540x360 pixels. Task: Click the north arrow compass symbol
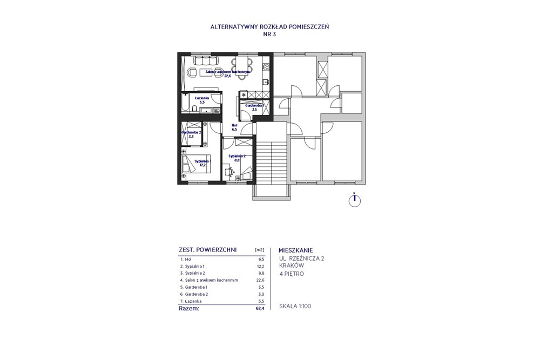point(354,200)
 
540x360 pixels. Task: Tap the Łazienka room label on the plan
point(202,99)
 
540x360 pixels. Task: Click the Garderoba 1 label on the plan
point(254,106)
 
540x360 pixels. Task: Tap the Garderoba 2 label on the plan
point(191,133)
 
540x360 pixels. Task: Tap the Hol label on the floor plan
point(234,127)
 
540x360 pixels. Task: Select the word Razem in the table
point(189,309)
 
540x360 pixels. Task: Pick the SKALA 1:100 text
point(295,306)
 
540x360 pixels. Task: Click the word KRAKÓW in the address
point(292,266)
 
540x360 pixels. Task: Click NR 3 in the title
point(269,33)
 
